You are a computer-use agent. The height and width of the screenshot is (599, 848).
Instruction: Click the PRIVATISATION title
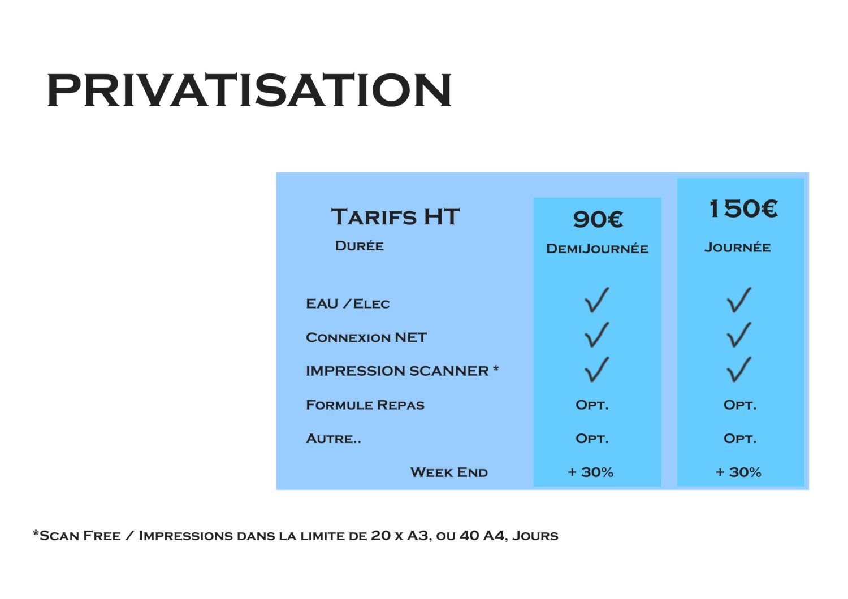[249, 90]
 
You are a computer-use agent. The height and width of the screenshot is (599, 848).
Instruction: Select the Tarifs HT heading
[395, 216]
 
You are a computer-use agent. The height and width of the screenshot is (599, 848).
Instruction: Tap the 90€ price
[598, 219]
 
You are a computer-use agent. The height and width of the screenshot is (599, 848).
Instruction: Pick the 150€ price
[743, 209]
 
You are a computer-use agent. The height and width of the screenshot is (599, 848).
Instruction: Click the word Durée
[359, 246]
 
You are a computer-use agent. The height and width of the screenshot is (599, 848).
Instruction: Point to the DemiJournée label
[597, 249]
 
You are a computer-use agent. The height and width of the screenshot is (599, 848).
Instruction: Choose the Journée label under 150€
[737, 248]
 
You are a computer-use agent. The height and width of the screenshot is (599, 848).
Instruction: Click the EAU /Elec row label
[348, 303]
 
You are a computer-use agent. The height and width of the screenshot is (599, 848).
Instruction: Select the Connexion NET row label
[366, 337]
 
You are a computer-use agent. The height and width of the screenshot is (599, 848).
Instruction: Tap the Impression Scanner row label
[402, 371]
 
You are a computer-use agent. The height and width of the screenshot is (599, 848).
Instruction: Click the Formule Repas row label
[365, 405]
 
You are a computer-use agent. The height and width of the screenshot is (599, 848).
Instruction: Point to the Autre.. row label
[333, 439]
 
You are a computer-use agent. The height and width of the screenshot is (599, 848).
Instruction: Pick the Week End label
[449, 472]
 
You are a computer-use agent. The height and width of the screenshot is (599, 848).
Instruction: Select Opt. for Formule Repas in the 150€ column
[739, 405]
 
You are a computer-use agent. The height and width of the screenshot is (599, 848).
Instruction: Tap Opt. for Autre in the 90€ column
[592, 439]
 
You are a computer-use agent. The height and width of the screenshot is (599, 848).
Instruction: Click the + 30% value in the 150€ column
[738, 472]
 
